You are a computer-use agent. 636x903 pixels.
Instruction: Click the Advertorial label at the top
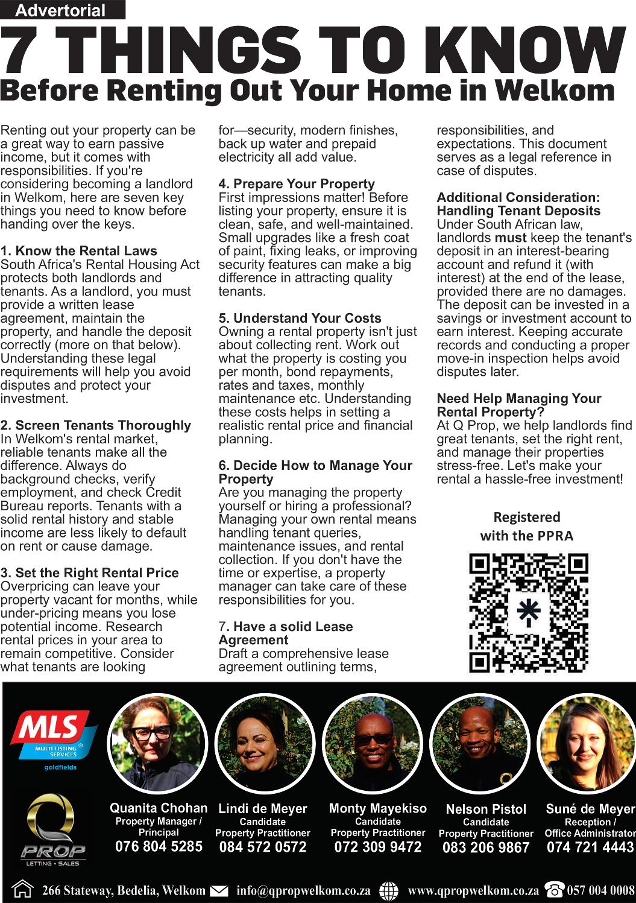click(60, 10)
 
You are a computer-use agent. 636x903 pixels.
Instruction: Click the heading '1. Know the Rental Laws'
click(79, 251)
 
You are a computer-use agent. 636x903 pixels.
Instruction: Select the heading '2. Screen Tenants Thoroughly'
click(96, 425)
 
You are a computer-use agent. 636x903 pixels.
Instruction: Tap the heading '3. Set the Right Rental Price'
click(90, 572)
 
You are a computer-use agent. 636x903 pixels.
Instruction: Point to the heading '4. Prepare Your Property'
click(297, 184)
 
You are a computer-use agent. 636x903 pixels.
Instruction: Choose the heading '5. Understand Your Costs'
click(300, 318)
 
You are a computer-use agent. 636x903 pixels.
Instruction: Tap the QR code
click(528, 613)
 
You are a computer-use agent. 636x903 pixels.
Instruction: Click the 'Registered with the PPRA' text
click(527, 526)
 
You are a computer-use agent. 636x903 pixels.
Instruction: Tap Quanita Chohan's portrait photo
click(157, 744)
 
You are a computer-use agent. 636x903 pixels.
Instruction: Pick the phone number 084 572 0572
click(263, 847)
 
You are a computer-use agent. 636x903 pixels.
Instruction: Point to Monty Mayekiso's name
click(378, 808)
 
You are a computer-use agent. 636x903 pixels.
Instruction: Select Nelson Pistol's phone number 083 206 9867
click(486, 848)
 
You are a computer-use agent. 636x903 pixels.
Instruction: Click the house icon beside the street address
click(23, 890)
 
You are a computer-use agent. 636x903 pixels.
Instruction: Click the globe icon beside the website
click(391, 890)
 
